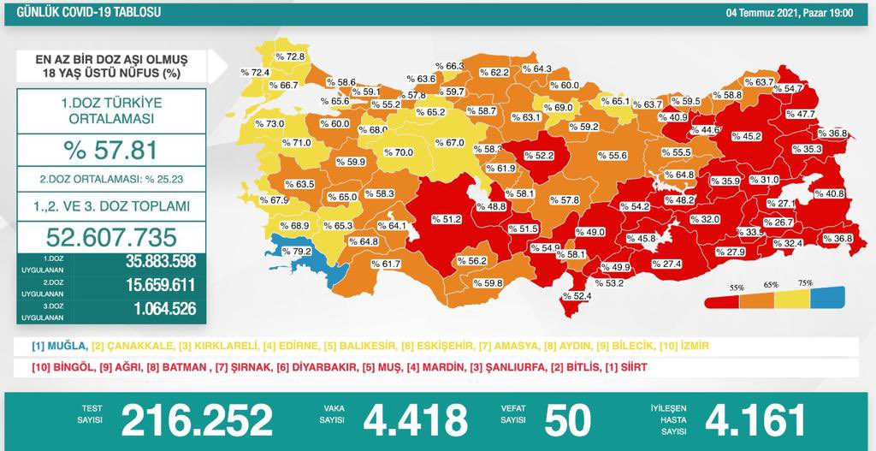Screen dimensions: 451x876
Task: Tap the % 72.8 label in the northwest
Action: (292, 56)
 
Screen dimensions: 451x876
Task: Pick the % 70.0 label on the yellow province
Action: (398, 153)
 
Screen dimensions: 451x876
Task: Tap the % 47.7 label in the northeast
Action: (800, 114)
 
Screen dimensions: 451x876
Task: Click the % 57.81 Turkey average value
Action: (111, 151)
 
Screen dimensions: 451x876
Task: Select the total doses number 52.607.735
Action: (111, 236)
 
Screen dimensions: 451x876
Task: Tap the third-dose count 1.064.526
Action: (149, 311)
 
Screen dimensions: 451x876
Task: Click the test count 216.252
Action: (197, 419)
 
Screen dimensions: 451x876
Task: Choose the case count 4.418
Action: (416, 419)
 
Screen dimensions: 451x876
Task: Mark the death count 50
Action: (567, 419)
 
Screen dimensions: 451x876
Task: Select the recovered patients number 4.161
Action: (755, 419)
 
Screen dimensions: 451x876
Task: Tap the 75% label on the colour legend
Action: (805, 283)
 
